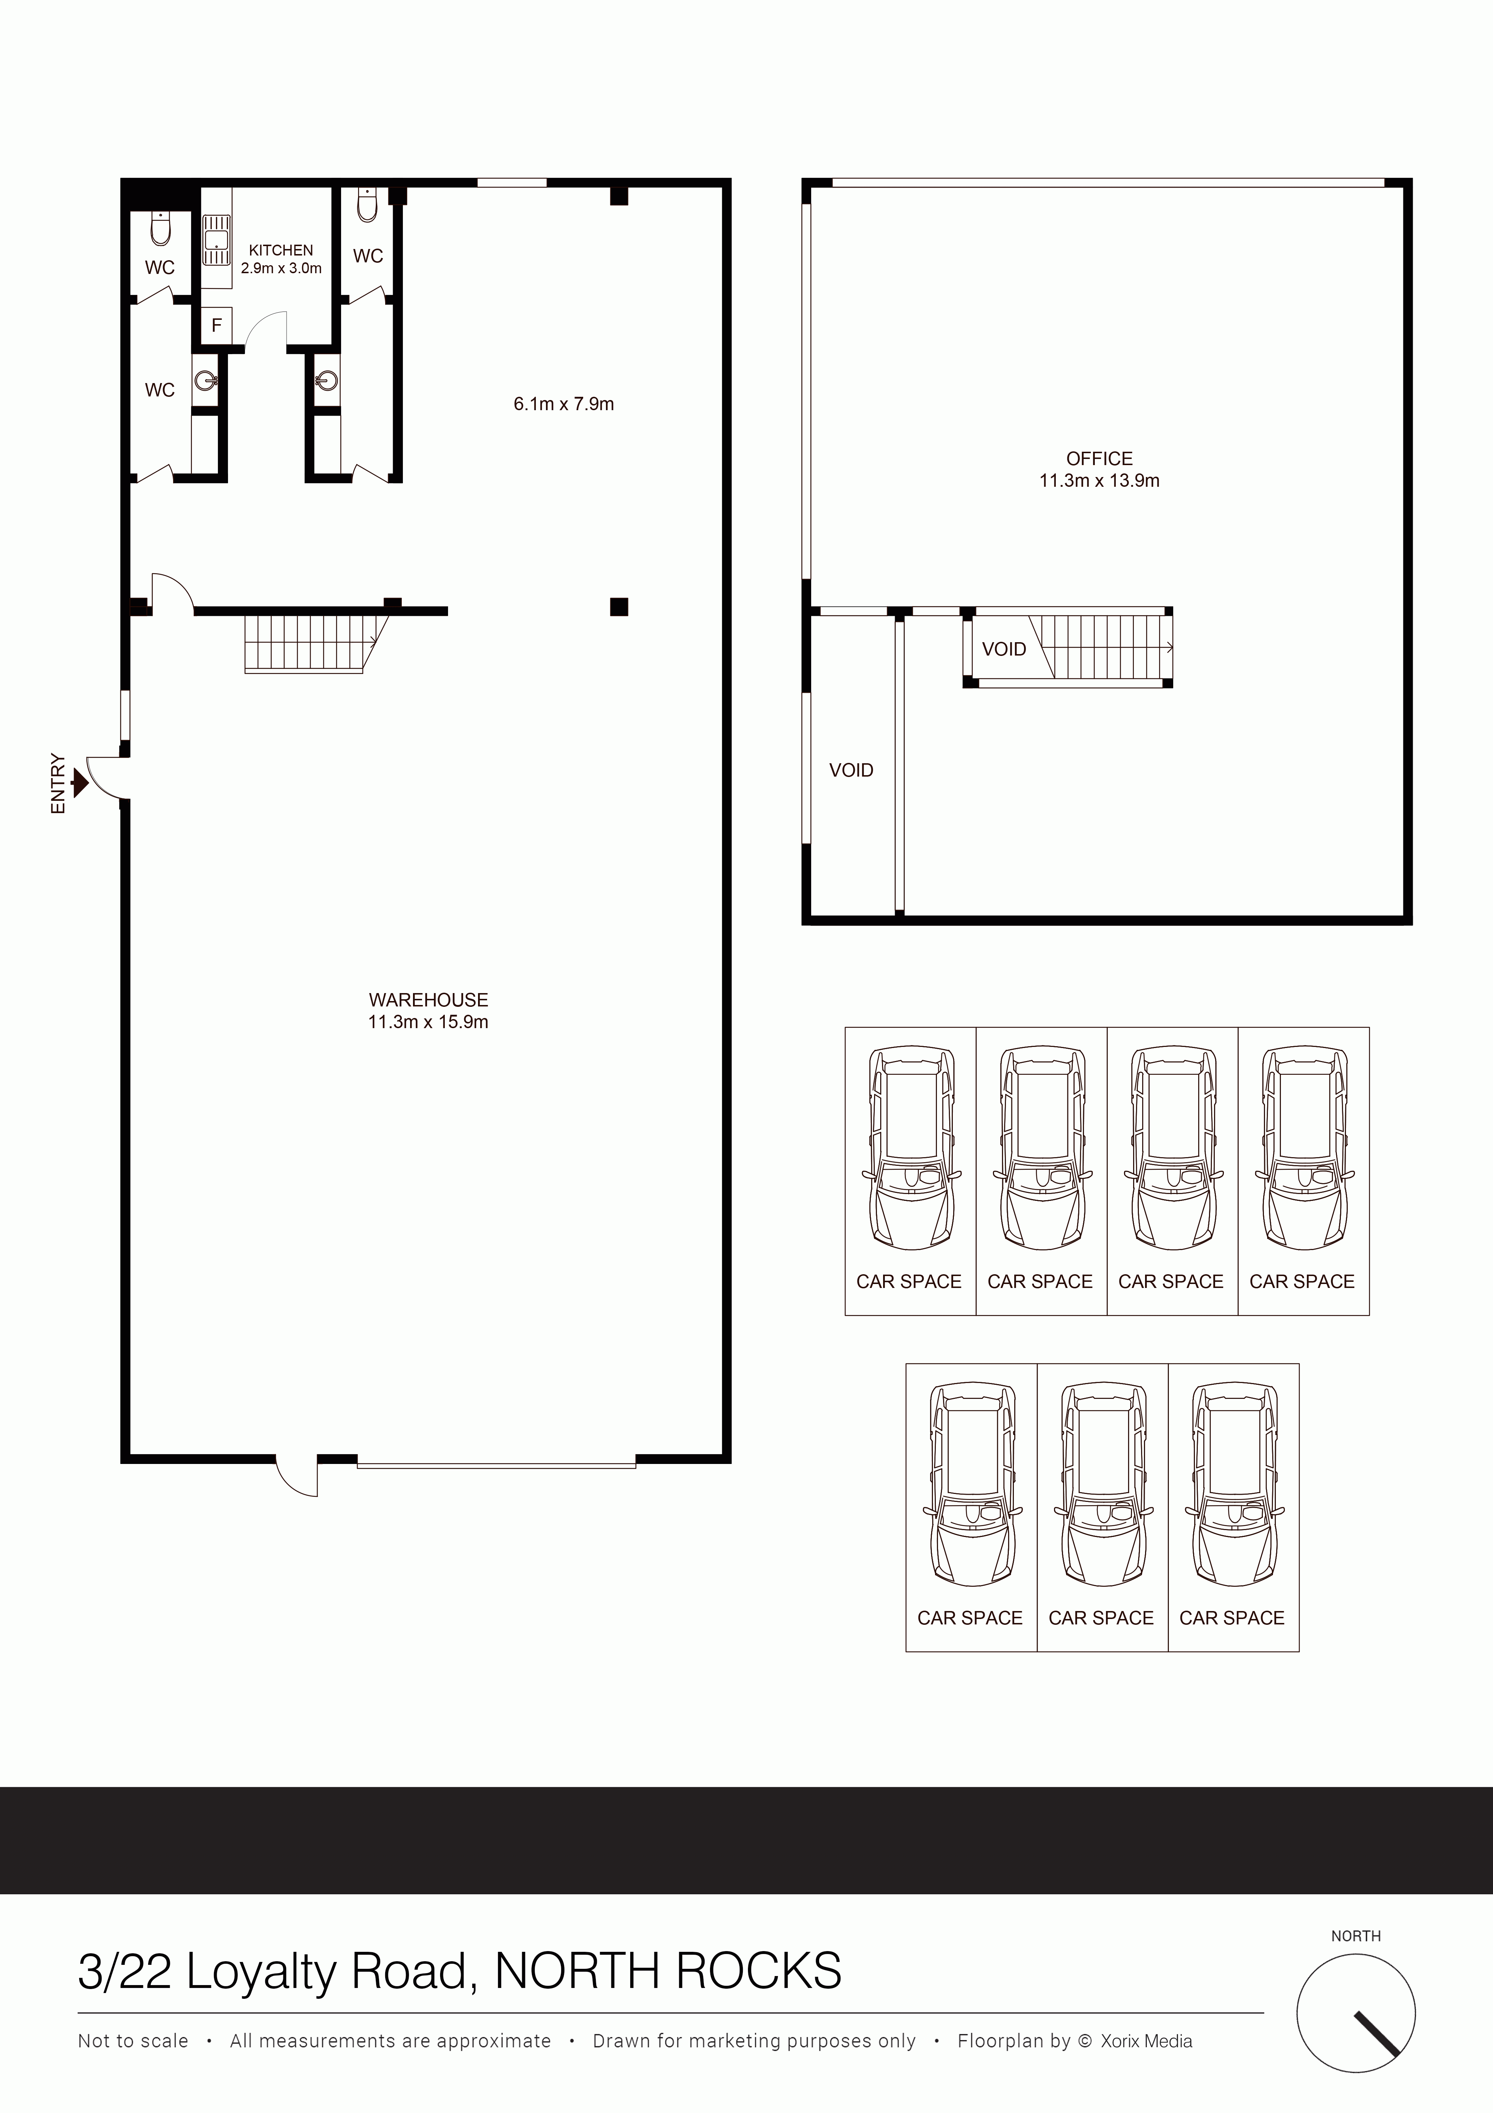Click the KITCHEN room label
pos(281,250)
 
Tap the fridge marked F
pos(217,325)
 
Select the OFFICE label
pos(1099,458)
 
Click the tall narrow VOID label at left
pos(851,770)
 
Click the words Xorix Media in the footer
pos(1146,2041)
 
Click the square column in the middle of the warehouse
pos(619,606)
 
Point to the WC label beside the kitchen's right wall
pos(368,256)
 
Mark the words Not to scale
pos(133,2041)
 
